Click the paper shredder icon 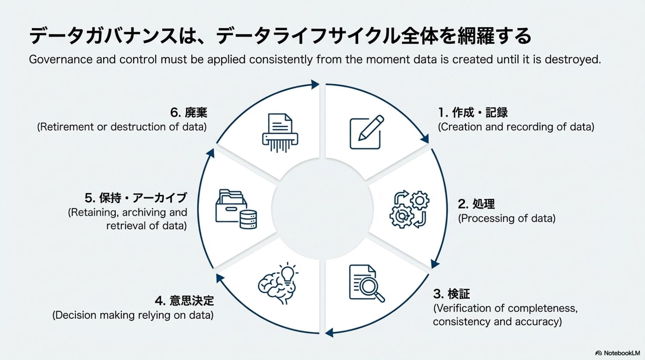[280, 133]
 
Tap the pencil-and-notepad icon [366, 132]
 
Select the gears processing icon [409, 210]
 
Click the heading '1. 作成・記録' [473, 113]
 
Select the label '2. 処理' [476, 204]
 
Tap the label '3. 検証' [451, 294]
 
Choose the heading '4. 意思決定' [184, 301]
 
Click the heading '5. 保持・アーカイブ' [135, 198]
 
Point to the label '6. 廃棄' [188, 113]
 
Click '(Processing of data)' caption [507, 218]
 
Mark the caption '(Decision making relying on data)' [133, 315]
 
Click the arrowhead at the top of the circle [315, 84]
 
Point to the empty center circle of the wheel [322, 208]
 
